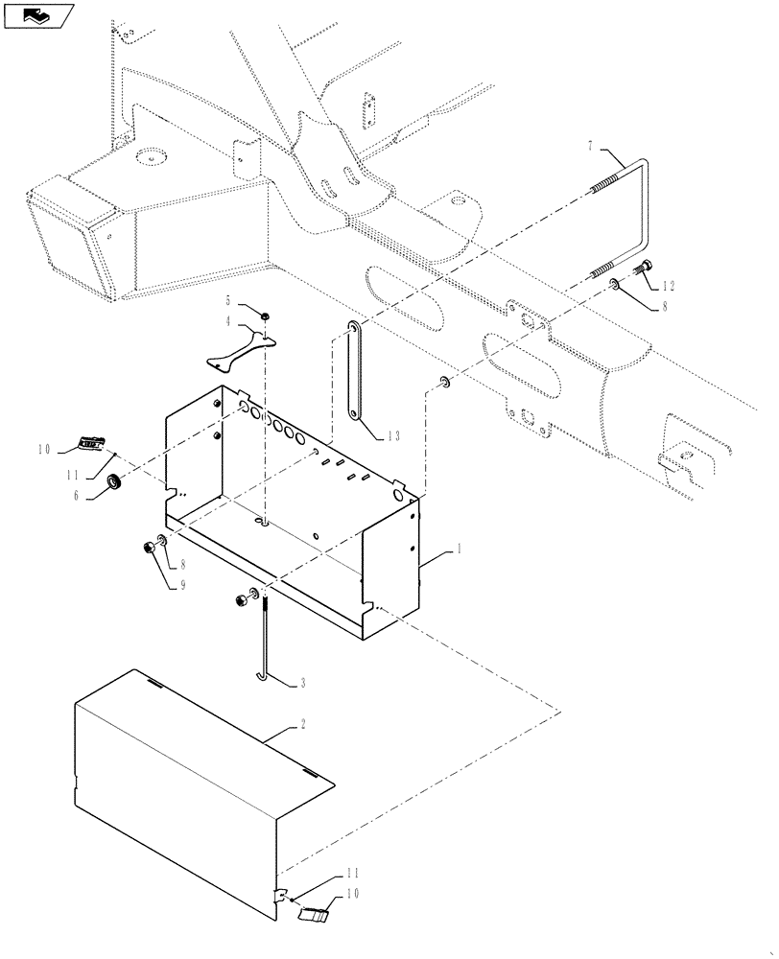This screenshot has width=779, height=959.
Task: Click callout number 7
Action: (591, 146)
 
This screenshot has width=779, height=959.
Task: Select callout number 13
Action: (393, 435)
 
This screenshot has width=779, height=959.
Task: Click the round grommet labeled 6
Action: (112, 479)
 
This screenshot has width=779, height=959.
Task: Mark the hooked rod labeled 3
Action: (261, 643)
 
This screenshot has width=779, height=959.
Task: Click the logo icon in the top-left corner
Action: (38, 15)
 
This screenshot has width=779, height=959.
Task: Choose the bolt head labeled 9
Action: (150, 548)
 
